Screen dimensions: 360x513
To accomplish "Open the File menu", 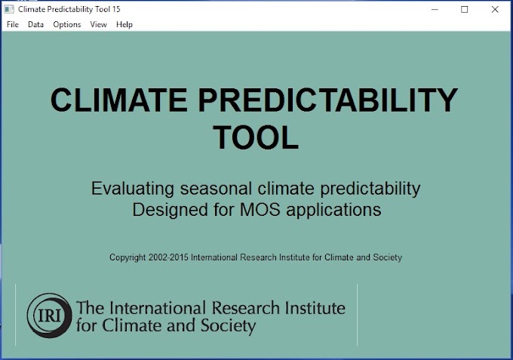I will [13, 24].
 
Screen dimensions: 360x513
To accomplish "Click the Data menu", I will [36, 24].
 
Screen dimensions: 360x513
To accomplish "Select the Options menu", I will [67, 24].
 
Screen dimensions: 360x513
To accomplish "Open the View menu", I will [99, 24].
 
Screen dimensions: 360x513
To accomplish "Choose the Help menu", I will [124, 24].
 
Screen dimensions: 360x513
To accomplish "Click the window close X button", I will [494, 9].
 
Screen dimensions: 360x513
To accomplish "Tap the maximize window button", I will [465, 9].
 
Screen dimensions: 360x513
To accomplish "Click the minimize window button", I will [435, 9].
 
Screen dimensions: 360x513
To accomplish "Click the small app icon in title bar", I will [8, 9].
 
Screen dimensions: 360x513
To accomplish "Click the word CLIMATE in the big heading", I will [125, 101].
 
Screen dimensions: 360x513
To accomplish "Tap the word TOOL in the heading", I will [256, 138].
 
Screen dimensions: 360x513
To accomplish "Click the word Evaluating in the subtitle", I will [134, 189].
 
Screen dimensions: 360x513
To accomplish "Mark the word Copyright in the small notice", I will [127, 257].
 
